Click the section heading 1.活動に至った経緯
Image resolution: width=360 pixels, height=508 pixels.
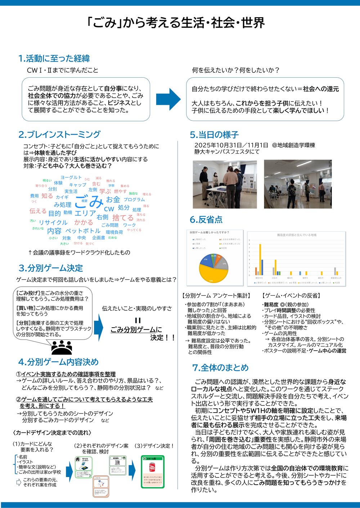tap(54, 58)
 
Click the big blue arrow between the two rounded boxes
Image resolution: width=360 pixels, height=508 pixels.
tap(168, 99)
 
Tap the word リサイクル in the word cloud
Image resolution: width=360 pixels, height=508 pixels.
tap(53, 222)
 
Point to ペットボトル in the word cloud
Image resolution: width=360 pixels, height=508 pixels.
tap(83, 231)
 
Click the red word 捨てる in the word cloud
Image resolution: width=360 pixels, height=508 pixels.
tap(123, 217)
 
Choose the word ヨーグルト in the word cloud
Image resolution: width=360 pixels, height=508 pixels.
tap(71, 177)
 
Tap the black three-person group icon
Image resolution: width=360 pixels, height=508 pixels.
tap(62, 347)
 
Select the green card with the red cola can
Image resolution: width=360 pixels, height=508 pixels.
tap(152, 471)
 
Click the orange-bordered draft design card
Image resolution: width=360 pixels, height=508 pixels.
tap(101, 486)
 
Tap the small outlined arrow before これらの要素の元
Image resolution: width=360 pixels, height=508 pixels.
tap(19, 482)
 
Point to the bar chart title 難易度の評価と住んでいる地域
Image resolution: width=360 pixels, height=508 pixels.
tap(296, 235)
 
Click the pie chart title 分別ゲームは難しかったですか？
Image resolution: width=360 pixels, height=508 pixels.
tap(209, 233)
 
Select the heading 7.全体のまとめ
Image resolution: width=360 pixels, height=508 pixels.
tap(220, 368)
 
